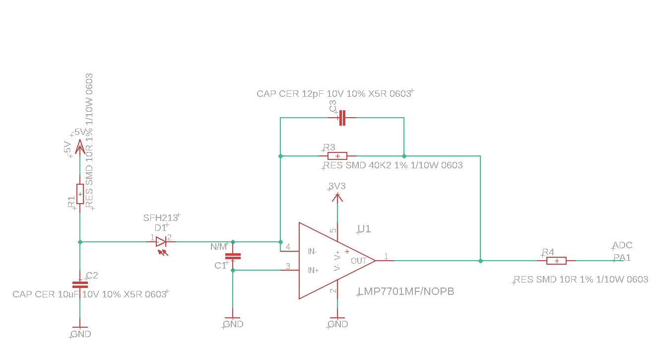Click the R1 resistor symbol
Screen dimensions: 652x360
click(x=80, y=194)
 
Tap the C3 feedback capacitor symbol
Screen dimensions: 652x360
click(x=342, y=118)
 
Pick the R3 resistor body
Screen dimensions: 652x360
click(x=337, y=156)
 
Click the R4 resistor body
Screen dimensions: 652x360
click(x=556, y=261)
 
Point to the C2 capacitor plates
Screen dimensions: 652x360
click(x=80, y=285)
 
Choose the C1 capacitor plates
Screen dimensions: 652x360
click(x=233, y=256)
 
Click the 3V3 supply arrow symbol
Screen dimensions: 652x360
click(x=337, y=198)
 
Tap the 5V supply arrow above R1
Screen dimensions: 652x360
click(x=80, y=147)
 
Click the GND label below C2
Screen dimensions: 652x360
click(x=80, y=334)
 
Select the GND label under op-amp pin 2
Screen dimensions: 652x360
click(x=337, y=324)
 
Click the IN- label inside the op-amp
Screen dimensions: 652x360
click(x=312, y=251)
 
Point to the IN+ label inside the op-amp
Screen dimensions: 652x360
click(x=313, y=270)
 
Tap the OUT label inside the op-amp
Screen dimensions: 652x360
click(x=358, y=261)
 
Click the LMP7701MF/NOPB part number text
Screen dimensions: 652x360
click(x=406, y=291)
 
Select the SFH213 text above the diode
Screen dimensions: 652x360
click(x=160, y=218)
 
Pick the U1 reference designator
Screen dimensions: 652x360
click(x=364, y=229)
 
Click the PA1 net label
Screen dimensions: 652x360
click(x=622, y=258)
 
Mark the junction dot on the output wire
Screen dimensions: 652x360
click(x=480, y=261)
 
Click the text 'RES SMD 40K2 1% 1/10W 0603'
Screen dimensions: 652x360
click(x=393, y=165)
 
